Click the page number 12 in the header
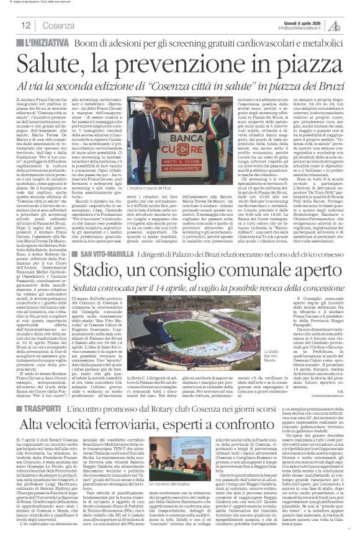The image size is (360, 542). [26, 26]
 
